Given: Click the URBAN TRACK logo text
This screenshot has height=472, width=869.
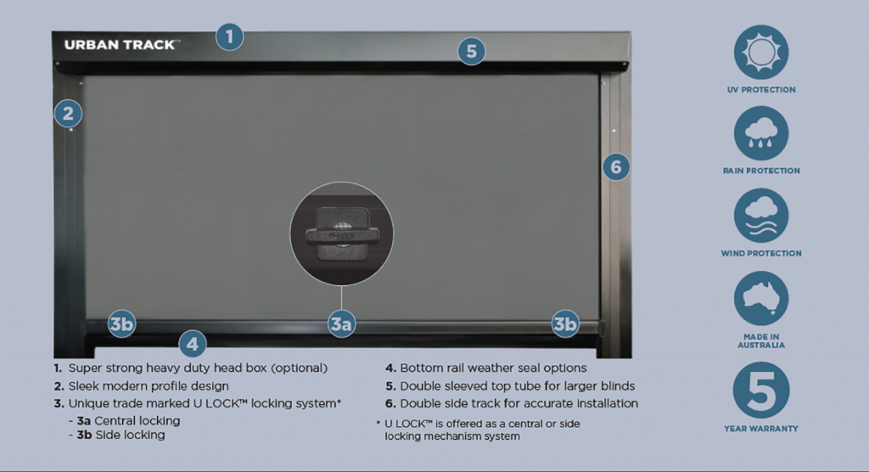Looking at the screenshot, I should [x=121, y=44].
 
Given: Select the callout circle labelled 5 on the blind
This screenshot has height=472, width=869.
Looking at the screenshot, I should [x=472, y=51].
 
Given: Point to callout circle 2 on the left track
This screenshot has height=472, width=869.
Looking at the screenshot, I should [x=69, y=113].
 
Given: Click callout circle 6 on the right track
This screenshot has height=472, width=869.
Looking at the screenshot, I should [x=617, y=167].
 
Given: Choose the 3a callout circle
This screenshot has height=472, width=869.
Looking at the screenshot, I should [x=341, y=323].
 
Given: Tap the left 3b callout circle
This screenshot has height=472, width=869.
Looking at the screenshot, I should [x=121, y=323].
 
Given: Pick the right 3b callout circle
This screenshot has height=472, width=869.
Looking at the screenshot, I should [x=565, y=323].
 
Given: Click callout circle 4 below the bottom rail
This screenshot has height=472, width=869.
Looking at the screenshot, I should [x=193, y=344].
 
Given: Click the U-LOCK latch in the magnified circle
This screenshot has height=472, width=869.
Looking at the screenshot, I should [x=341, y=231].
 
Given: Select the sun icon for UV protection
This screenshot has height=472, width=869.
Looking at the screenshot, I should [x=761, y=52].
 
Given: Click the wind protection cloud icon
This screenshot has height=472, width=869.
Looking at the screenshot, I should [x=761, y=215].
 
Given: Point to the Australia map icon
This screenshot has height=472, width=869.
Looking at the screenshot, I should [x=761, y=298].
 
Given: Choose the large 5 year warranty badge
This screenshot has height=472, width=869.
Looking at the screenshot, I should [x=761, y=389].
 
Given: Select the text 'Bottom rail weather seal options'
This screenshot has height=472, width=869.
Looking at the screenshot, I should [x=492, y=368].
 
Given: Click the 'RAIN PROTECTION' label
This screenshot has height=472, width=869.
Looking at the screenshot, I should [x=761, y=171].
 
